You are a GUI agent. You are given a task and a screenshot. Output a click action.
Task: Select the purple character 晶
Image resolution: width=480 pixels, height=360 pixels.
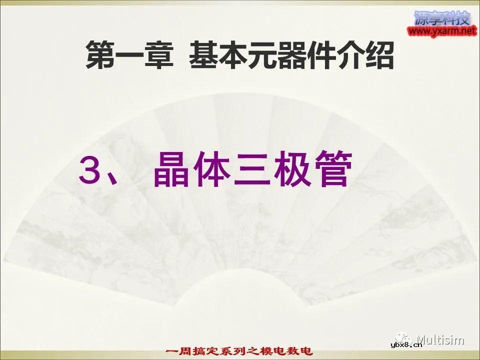pos(170,170)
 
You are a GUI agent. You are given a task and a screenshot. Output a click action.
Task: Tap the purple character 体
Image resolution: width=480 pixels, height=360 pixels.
pos(210,170)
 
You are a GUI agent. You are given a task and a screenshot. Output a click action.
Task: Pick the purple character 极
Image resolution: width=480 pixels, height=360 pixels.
pos(291,170)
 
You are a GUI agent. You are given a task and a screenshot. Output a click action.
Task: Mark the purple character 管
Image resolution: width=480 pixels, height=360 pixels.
pos(331,170)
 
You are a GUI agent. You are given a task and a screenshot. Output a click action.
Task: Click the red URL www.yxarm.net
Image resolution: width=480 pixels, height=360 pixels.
pos(441,31)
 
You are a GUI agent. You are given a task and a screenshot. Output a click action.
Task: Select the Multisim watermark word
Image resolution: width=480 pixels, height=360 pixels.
pos(440,340)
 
